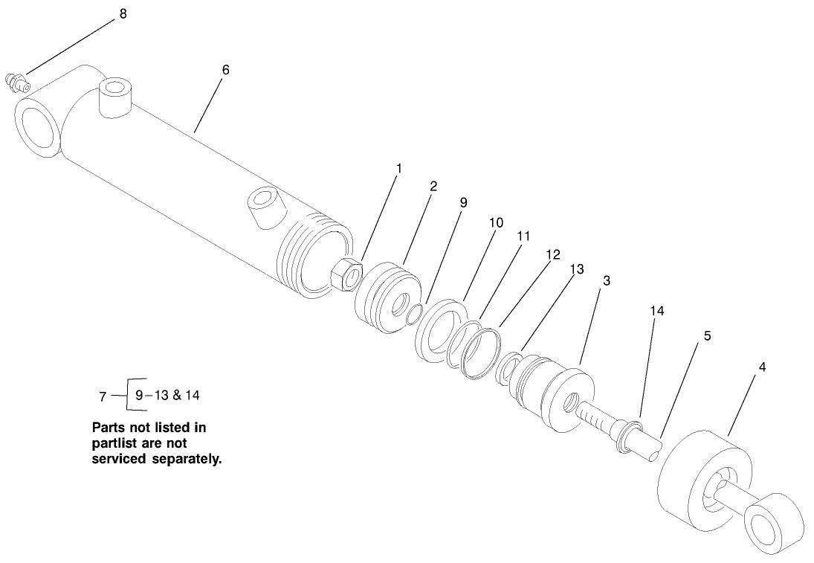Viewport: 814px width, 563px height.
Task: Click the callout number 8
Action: [123, 14]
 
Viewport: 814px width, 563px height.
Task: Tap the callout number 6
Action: [225, 69]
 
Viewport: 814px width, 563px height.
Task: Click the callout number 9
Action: [462, 202]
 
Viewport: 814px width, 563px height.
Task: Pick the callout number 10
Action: [496, 222]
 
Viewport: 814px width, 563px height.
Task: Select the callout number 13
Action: [577, 269]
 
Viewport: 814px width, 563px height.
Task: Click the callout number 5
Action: [707, 335]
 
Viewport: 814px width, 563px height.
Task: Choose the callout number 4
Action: [760, 367]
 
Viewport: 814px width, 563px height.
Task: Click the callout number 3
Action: [607, 280]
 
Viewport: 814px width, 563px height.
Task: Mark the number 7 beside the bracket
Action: [103, 396]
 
